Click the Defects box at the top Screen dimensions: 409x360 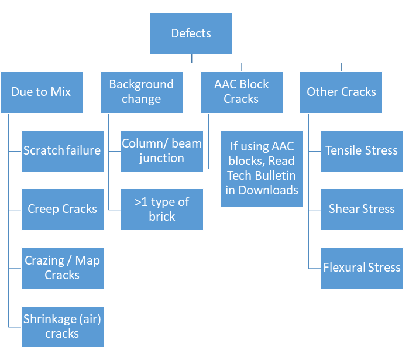[x=191, y=33]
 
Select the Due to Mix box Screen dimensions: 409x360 [x=42, y=92]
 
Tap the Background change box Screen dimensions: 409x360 [x=142, y=92]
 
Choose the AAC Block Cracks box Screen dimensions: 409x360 [x=242, y=92]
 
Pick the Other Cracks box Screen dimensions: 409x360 [x=341, y=92]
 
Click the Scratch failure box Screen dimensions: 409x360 [x=63, y=151]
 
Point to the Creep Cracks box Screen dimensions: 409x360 [x=63, y=210]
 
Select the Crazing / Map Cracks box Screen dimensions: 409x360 [x=63, y=268]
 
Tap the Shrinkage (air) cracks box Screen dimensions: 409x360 [x=63, y=327]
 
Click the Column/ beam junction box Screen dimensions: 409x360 [x=162, y=151]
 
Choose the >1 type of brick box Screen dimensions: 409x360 [x=162, y=210]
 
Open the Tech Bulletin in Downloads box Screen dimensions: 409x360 [x=262, y=169]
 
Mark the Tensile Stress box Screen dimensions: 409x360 [x=362, y=151]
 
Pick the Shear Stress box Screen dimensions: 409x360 [x=362, y=210]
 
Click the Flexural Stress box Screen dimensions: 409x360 [x=362, y=268]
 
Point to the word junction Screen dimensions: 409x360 [x=161, y=159]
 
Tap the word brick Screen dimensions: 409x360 [x=162, y=217]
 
